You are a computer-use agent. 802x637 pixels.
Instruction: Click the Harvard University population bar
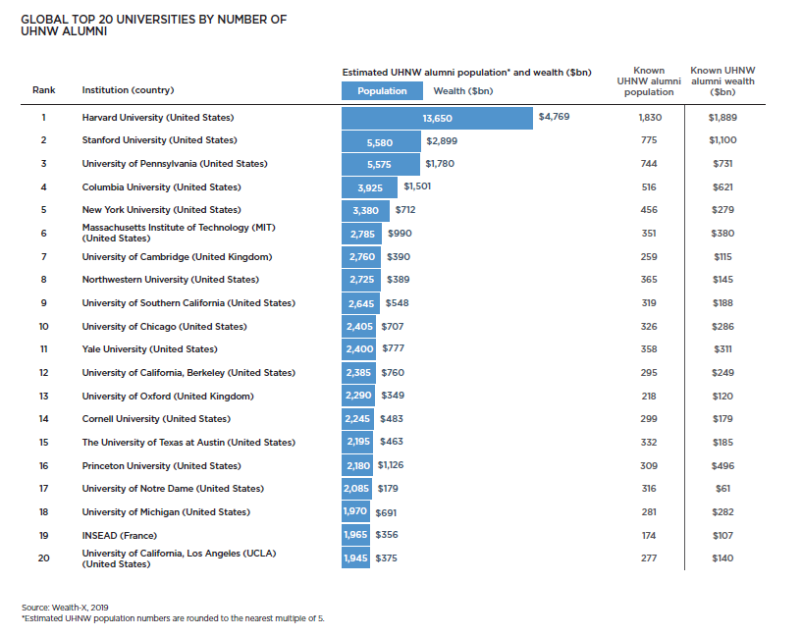coord(437,117)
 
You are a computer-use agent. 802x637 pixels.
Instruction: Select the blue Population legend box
coord(382,91)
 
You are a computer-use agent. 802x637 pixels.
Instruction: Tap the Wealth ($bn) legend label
coord(462,91)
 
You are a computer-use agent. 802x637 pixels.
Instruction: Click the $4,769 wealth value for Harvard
coord(554,117)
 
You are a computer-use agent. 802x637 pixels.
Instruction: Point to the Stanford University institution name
coord(159,140)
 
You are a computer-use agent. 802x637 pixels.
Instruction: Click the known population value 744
coord(649,163)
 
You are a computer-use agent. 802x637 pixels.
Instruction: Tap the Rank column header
coord(43,90)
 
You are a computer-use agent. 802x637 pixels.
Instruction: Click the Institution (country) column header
coord(128,90)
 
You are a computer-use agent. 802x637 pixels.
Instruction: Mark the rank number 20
coord(43,558)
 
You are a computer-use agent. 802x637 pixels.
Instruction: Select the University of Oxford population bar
coord(359,396)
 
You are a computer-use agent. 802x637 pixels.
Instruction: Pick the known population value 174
coord(649,536)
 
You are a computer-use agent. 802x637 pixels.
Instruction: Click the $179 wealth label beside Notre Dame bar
coord(388,489)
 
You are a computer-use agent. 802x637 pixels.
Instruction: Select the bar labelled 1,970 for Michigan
coord(355,512)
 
